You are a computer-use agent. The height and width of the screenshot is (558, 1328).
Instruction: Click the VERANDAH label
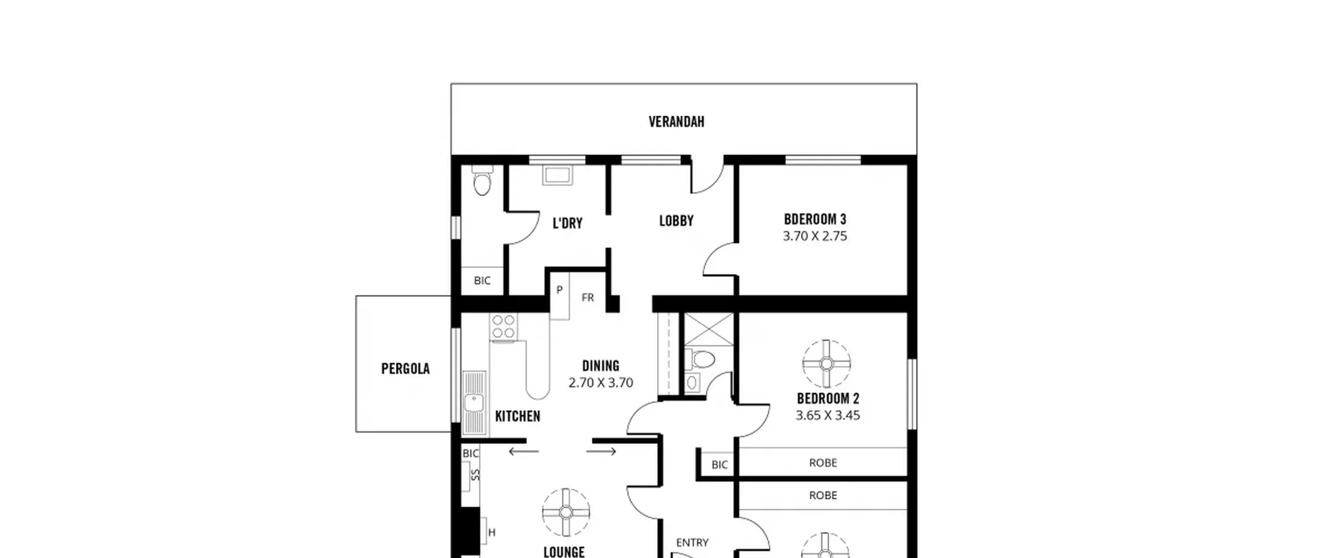click(x=676, y=121)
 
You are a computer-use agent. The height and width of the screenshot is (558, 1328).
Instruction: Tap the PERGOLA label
click(x=405, y=369)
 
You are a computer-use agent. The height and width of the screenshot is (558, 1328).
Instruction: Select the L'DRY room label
click(x=568, y=223)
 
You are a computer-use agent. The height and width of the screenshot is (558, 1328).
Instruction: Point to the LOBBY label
click(x=676, y=221)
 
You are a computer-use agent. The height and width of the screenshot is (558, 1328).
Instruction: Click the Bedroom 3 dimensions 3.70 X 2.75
click(x=815, y=236)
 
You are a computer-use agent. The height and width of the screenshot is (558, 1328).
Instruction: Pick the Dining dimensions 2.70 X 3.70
click(x=601, y=383)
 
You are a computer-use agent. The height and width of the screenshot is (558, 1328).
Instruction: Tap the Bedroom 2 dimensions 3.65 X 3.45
click(x=828, y=415)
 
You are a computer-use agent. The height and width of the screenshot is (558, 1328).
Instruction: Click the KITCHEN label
click(x=518, y=416)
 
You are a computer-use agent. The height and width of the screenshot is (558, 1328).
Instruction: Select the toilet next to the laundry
click(x=482, y=180)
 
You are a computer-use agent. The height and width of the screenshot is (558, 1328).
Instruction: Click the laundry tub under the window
click(x=558, y=175)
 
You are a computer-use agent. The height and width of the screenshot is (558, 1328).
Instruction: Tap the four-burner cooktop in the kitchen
click(x=504, y=326)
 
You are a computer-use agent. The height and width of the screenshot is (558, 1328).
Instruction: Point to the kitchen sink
click(x=474, y=403)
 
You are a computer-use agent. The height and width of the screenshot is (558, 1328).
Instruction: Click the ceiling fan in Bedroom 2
click(x=826, y=364)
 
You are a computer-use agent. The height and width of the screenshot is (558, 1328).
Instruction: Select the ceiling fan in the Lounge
click(x=566, y=512)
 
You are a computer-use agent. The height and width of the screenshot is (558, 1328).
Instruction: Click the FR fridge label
click(x=588, y=297)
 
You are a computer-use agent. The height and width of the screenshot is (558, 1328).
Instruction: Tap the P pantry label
click(x=559, y=290)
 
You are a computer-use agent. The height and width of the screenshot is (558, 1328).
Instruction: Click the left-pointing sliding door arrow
click(x=524, y=452)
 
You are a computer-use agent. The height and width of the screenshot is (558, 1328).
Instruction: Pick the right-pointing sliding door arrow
click(x=601, y=452)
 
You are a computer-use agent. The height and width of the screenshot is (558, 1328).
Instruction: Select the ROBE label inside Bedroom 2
click(x=823, y=462)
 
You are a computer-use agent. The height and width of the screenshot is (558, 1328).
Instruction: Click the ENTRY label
click(x=693, y=542)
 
